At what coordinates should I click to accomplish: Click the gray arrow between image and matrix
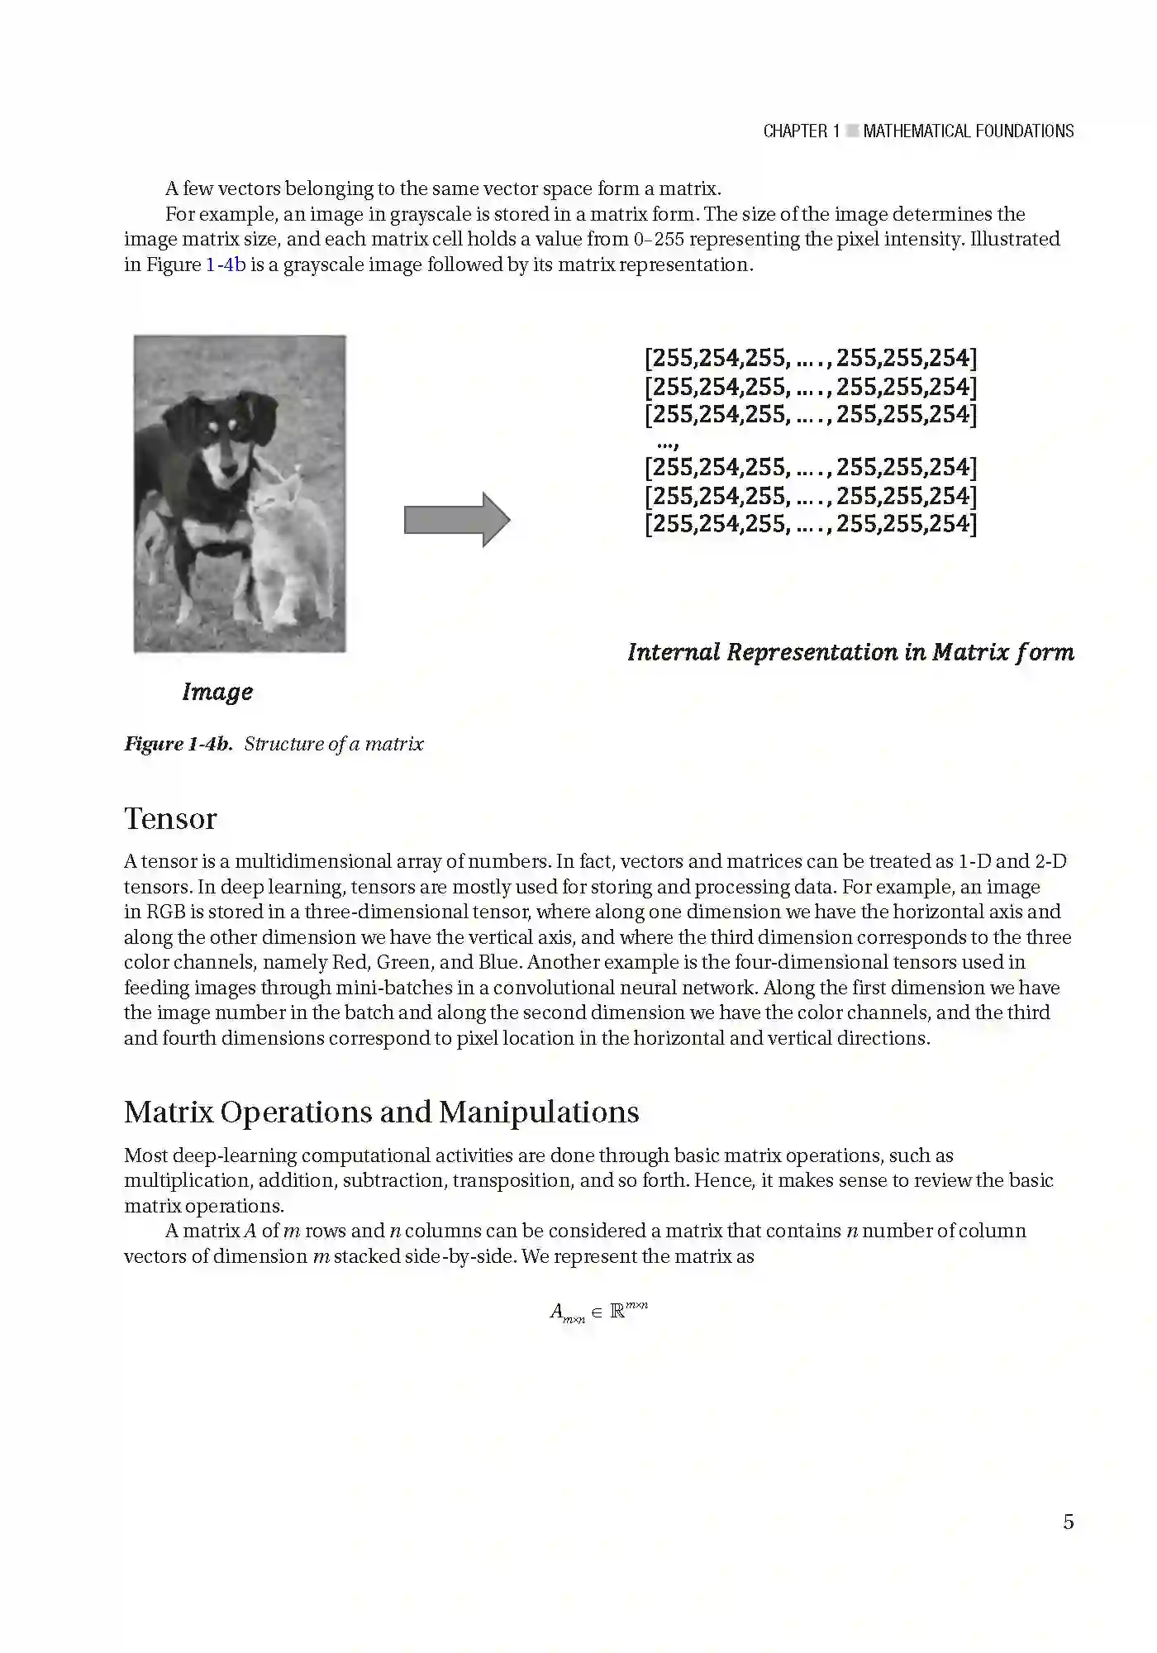[457, 520]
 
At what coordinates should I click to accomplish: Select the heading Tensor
[170, 818]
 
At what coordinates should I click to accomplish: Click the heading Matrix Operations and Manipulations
[381, 1112]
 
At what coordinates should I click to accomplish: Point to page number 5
[1068, 1522]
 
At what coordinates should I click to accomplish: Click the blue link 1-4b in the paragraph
[226, 264]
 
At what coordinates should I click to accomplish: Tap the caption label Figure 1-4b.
[178, 744]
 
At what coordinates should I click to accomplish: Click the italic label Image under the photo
[217, 692]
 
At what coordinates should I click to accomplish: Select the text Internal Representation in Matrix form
[850, 652]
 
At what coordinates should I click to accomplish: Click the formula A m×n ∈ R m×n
[598, 1311]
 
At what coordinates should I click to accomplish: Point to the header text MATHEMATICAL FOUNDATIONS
[968, 131]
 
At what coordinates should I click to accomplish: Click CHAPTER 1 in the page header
[801, 131]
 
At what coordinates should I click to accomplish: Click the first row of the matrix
[810, 358]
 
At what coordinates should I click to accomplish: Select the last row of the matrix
[810, 523]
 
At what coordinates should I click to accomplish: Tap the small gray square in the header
[852, 131]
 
